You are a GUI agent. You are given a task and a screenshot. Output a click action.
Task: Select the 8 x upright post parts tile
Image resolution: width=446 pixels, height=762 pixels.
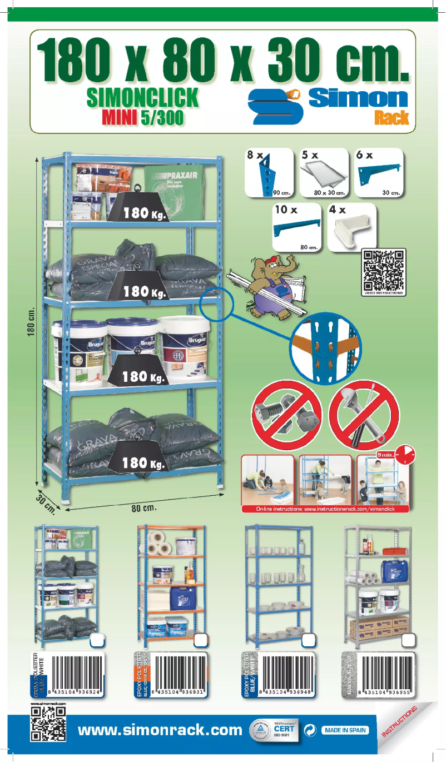(x=269, y=172)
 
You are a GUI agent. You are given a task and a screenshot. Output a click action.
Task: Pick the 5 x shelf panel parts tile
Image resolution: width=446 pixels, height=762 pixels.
(x=323, y=172)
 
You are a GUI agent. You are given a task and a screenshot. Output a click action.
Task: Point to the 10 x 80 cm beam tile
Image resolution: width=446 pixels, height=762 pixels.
(x=296, y=227)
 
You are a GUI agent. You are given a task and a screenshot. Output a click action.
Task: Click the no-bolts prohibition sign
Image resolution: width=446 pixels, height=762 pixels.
(x=287, y=414)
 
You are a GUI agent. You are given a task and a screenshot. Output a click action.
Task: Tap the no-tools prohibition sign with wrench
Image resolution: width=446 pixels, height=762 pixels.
(x=364, y=414)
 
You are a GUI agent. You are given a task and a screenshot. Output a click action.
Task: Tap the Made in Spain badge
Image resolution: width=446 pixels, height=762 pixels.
(x=345, y=730)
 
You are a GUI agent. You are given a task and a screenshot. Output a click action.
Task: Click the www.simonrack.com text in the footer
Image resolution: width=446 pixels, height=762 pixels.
(x=160, y=730)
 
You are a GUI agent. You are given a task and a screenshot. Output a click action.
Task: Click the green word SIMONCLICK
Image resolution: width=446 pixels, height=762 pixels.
(x=142, y=98)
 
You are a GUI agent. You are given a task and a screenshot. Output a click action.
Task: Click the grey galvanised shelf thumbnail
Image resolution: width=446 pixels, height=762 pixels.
(x=378, y=584)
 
